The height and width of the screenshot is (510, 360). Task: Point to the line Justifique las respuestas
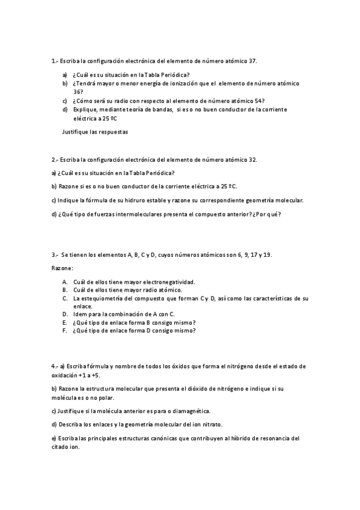95,131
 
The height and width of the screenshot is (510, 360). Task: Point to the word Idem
79,314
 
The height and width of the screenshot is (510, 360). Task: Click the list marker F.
64,330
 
